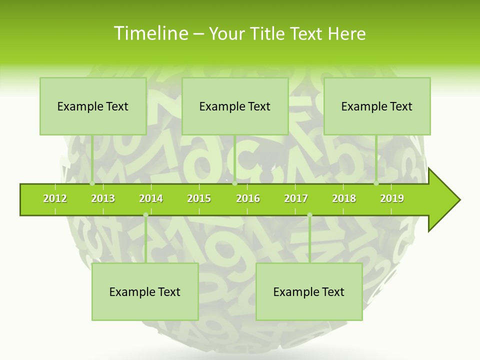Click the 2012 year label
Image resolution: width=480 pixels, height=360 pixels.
(55, 198)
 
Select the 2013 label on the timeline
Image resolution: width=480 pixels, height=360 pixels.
(103, 198)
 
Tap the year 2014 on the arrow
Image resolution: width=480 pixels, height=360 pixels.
(151, 198)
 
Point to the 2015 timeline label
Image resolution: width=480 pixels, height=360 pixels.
(199, 198)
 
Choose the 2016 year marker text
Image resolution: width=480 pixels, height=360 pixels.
(248, 198)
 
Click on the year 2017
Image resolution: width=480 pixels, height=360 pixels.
(296, 198)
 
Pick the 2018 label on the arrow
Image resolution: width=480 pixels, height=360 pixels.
(344, 198)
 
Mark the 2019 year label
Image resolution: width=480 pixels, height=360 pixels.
(392, 198)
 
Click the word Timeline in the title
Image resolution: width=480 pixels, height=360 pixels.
(150, 33)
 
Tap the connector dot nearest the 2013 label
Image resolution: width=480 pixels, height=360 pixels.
(92, 183)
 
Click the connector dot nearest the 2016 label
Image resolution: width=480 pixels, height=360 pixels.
(234, 183)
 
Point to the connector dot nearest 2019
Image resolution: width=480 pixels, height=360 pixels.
(376, 183)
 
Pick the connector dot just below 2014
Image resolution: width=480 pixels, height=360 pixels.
(145, 215)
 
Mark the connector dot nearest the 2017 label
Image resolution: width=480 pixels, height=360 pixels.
(309, 215)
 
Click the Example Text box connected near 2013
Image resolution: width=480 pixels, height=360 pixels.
(93, 106)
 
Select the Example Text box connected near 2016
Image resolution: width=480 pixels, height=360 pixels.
(235, 106)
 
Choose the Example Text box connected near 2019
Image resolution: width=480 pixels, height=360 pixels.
(377, 106)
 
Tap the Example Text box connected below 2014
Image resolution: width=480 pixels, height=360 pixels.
(145, 291)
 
